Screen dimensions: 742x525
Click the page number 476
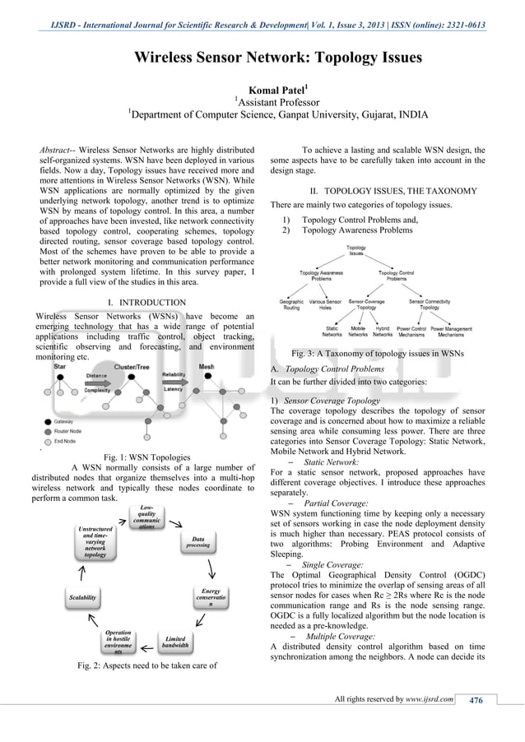[x=476, y=700]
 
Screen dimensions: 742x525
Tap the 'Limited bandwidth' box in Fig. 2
[x=176, y=642]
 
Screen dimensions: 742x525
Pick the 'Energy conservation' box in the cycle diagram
[x=212, y=597]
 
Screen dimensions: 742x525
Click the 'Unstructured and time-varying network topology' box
[x=95, y=543]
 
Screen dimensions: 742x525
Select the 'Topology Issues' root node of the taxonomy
[x=356, y=250]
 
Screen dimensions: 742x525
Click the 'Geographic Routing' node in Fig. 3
[x=291, y=305]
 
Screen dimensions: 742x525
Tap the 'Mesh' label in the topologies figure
[x=207, y=367]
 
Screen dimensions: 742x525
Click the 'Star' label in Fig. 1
[x=60, y=367]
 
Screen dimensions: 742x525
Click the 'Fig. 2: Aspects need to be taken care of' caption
[x=146, y=665]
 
